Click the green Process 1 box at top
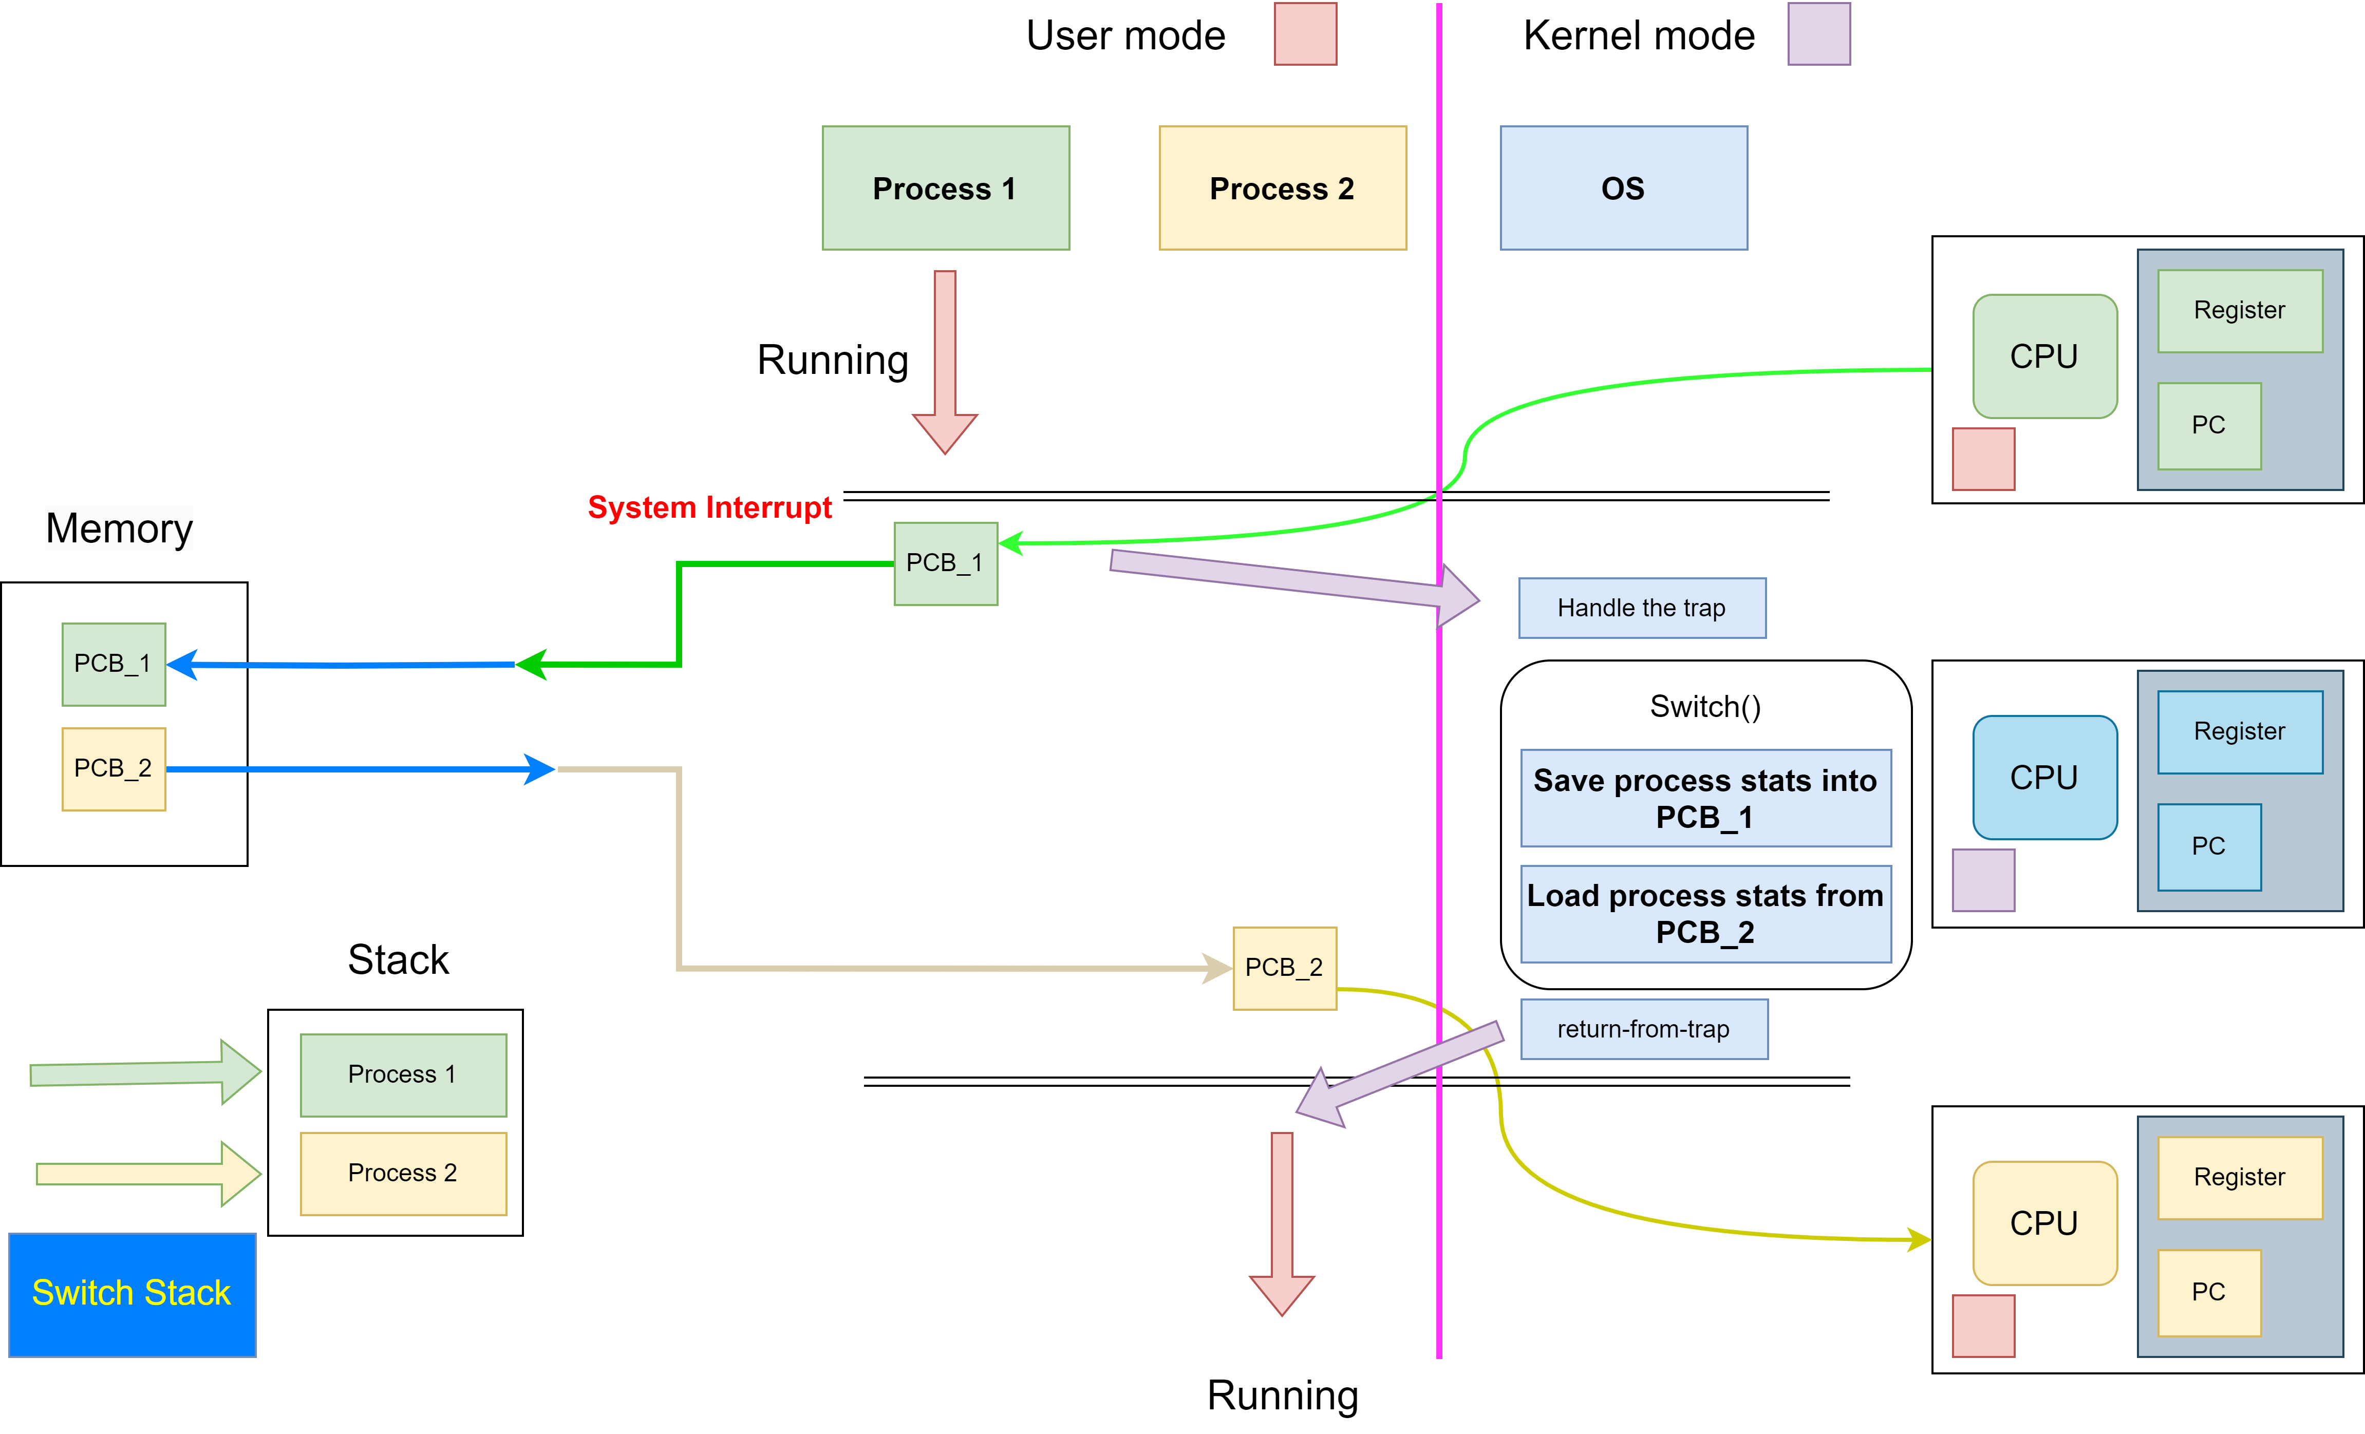(945, 188)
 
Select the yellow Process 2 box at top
(1282, 188)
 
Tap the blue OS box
(1623, 188)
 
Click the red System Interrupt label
(709, 507)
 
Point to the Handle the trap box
(1641, 608)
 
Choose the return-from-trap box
(1643, 1029)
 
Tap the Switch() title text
(1704, 706)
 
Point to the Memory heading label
(119, 528)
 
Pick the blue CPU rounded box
(2044, 778)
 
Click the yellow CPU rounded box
(2044, 1223)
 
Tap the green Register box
(2239, 311)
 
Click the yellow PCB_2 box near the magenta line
(1284, 968)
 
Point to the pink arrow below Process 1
(945, 360)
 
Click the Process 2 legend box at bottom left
(403, 1173)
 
